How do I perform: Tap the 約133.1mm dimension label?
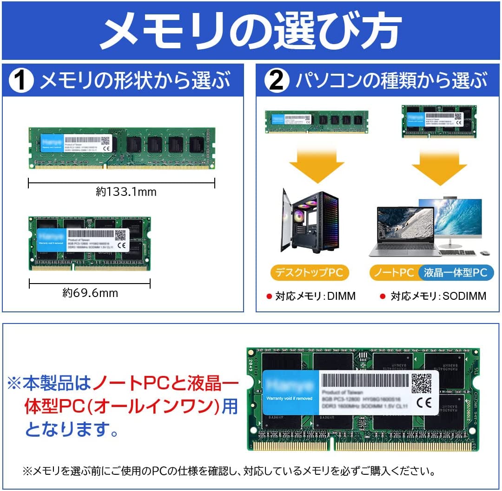point(126,192)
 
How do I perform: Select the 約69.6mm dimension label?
point(90,293)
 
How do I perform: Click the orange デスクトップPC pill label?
point(309,272)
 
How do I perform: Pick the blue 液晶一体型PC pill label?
point(455,272)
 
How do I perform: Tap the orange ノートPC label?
point(394,272)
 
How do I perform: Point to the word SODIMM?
point(464,296)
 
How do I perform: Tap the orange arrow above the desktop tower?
point(316,165)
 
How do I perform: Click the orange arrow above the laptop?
point(439,165)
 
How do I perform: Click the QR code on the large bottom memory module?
point(421,383)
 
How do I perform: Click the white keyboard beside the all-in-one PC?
point(457,253)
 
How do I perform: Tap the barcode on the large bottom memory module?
point(365,381)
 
